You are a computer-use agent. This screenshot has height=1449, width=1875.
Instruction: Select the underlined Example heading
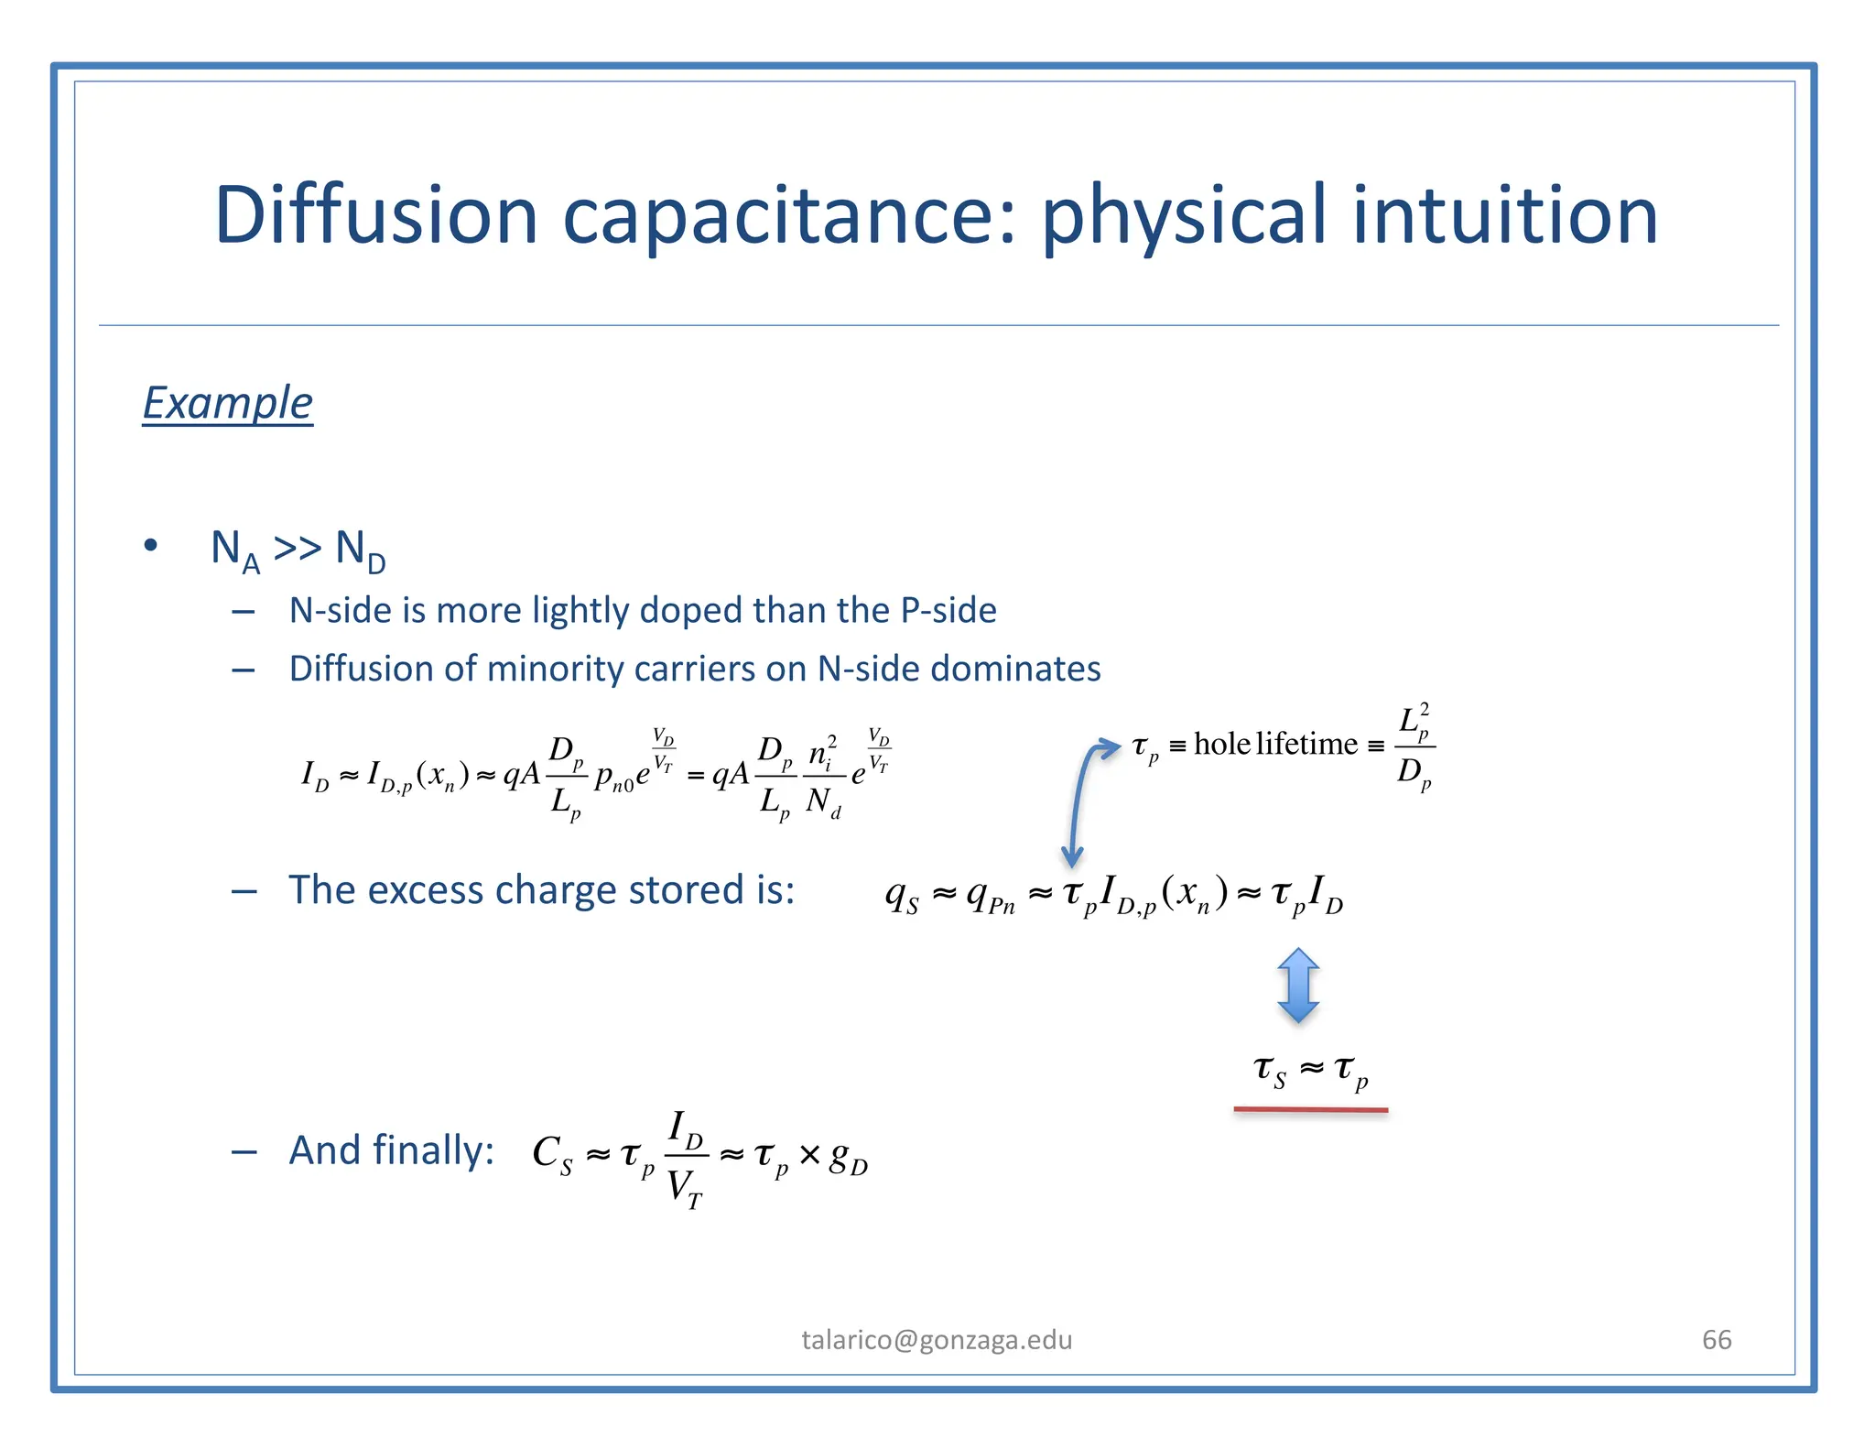pyautogui.click(x=228, y=403)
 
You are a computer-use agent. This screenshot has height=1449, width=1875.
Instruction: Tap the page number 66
pyautogui.click(x=1717, y=1340)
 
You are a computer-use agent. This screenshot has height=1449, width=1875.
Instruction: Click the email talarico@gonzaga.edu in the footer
pyautogui.click(x=937, y=1340)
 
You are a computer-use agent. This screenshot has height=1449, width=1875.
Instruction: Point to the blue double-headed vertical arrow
pyautogui.click(x=1298, y=986)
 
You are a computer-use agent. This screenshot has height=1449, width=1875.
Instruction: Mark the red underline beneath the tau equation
pyautogui.click(x=1310, y=1110)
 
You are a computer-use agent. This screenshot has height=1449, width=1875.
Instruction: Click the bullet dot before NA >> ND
pyautogui.click(x=151, y=547)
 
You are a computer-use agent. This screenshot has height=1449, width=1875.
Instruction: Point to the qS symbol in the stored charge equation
pyautogui.click(x=902, y=894)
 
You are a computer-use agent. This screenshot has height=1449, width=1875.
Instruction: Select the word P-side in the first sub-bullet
pyautogui.click(x=948, y=610)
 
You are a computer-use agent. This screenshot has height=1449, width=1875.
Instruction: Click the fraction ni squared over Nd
pyautogui.click(x=823, y=777)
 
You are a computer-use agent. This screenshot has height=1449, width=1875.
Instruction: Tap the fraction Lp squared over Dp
pyautogui.click(x=1414, y=746)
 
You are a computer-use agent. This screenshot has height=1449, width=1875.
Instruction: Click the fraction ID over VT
pyautogui.click(x=685, y=1159)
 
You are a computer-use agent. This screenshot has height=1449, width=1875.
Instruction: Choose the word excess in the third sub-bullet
pyautogui.click(x=424, y=890)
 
